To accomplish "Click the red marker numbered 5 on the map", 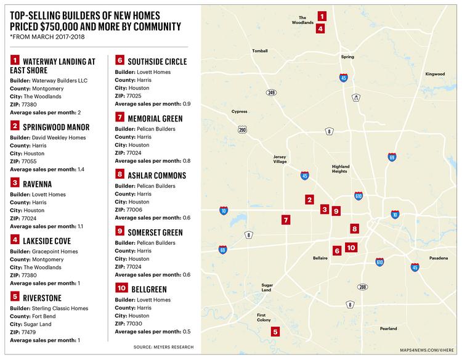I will (275, 332).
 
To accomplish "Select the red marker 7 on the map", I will (285, 219).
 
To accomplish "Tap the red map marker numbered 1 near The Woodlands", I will (322, 16).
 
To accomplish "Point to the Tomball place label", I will (260, 51).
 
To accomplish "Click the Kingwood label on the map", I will (434, 74).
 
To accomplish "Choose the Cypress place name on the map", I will (238, 112).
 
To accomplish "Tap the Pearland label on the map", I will (388, 329).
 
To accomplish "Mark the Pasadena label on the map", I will (439, 258).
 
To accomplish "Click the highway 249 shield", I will (271, 92).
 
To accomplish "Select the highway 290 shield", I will (242, 129).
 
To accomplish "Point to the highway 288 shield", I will (362, 287).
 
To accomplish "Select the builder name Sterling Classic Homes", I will (60, 308).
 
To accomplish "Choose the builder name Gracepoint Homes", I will (55, 250).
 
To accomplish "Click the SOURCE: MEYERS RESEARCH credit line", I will (163, 347).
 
